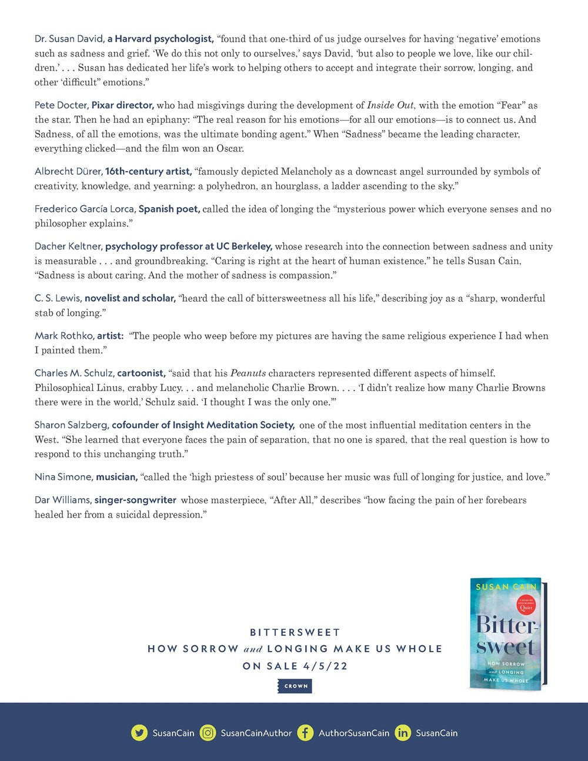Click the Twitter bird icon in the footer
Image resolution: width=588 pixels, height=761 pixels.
(139, 733)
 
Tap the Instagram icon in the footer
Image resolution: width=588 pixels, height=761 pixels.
(208, 733)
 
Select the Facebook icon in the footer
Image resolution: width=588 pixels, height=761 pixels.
(305, 733)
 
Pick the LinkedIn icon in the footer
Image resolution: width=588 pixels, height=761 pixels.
(403, 733)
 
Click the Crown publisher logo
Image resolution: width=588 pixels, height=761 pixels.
(296, 686)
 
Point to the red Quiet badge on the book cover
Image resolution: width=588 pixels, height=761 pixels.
(527, 606)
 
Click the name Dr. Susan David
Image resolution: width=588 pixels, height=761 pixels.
(69, 39)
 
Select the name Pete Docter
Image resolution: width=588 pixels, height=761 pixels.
(61, 106)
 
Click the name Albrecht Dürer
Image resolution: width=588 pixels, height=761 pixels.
(68, 172)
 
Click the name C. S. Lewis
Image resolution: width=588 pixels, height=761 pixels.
(58, 299)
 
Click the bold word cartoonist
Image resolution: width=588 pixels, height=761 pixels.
(141, 373)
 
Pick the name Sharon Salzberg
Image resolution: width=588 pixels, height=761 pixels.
(71, 425)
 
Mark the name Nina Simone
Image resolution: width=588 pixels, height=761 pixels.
(63, 477)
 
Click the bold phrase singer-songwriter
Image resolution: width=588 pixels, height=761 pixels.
(135, 500)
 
